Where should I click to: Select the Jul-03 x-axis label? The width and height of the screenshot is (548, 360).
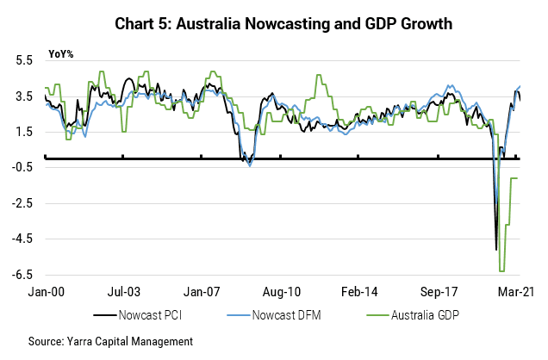126,293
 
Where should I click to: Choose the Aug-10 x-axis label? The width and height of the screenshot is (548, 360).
283,293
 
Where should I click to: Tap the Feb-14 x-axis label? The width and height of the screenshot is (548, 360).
362,293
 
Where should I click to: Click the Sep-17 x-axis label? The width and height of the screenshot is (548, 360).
440,293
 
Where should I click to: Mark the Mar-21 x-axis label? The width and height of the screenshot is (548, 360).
518,293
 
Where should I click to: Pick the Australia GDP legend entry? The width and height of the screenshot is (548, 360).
407,315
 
